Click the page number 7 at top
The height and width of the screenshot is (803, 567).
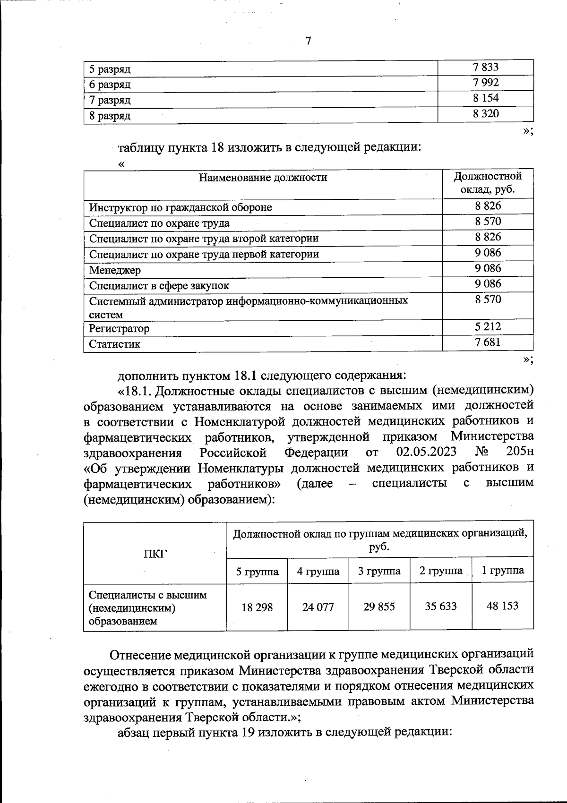[308, 41]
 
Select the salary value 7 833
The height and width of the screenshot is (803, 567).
[485, 67]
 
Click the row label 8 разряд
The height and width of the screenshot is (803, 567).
[110, 116]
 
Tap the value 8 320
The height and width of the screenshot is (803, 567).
[485, 113]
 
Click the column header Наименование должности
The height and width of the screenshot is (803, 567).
[263, 178]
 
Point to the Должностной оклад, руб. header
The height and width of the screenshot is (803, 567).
[488, 183]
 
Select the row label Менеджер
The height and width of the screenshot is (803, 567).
[115, 270]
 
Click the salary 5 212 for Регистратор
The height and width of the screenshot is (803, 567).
[488, 326]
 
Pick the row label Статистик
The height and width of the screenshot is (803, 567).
[115, 344]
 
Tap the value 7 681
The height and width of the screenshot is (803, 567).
[488, 342]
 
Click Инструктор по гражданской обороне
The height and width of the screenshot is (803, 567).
[180, 207]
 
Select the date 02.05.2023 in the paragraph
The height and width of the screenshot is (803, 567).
[426, 452]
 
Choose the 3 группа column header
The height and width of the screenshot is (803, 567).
[379, 571]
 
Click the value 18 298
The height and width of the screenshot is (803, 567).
[257, 607]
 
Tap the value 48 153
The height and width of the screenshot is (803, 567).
[502, 606]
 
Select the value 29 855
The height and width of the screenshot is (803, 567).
[379, 607]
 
